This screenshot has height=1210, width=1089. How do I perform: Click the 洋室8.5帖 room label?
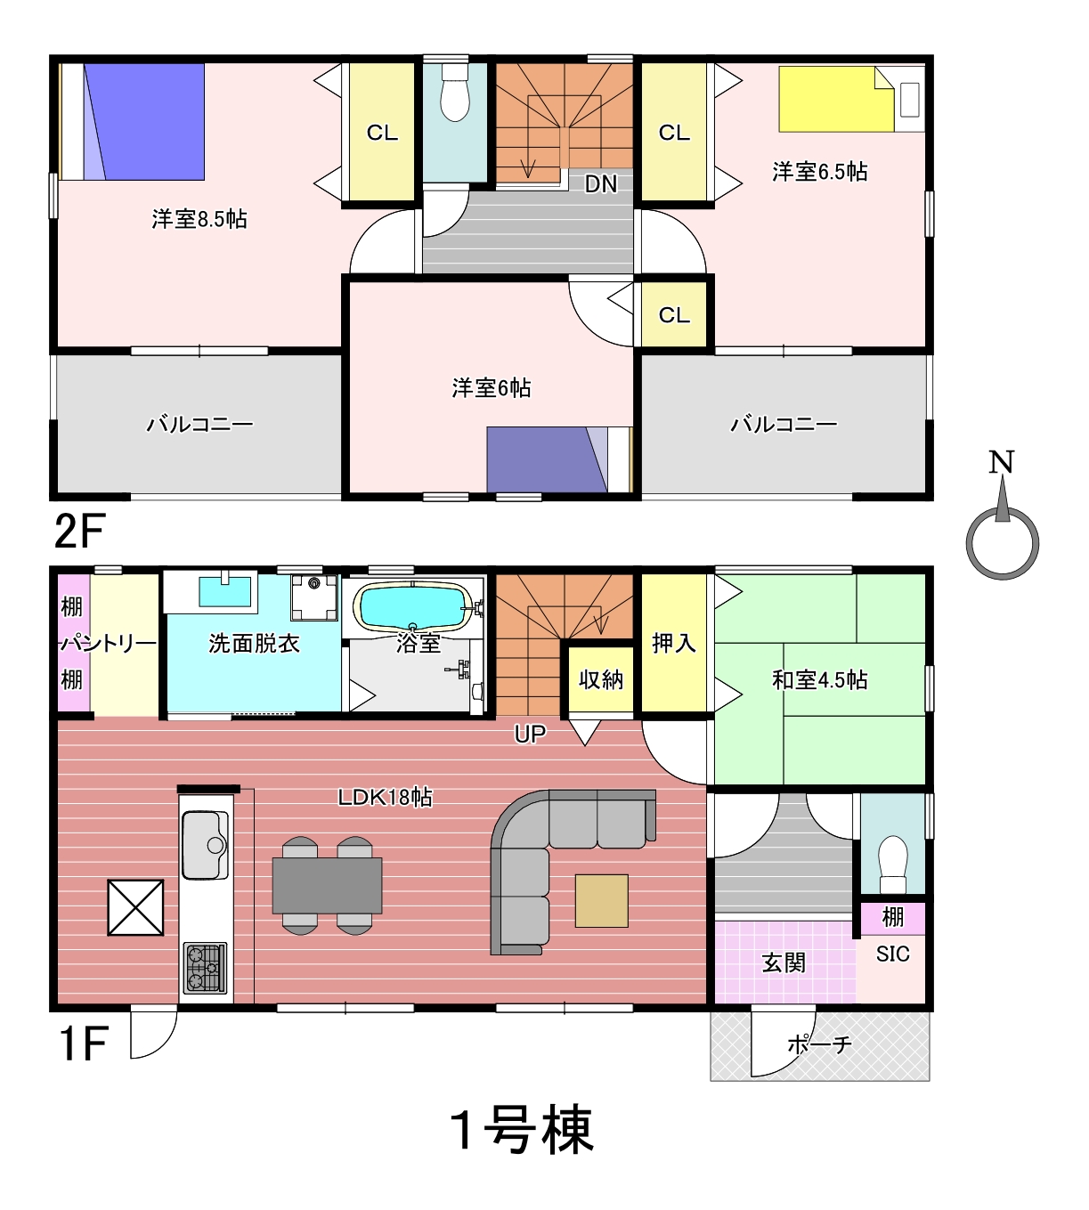[199, 219]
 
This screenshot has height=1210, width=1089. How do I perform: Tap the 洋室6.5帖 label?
[819, 172]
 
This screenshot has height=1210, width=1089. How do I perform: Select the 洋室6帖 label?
[492, 388]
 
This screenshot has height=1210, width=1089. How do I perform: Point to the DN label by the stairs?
[601, 184]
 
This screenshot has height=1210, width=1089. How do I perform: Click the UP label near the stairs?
[530, 734]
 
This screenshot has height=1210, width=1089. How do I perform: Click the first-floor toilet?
[893, 865]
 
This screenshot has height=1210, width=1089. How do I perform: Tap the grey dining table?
[327, 886]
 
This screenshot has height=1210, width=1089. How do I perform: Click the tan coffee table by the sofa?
[602, 900]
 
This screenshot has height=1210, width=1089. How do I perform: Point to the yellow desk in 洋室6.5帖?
[836, 100]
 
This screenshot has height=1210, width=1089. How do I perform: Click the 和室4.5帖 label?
[819, 680]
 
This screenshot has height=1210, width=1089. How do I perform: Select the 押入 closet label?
[674, 644]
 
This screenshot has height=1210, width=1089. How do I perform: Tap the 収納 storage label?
[601, 680]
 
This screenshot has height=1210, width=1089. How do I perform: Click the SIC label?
[893, 954]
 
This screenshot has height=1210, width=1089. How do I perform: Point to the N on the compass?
[1002, 463]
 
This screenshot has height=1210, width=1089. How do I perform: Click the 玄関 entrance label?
[784, 962]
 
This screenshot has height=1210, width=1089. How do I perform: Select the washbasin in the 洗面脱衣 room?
[225, 590]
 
